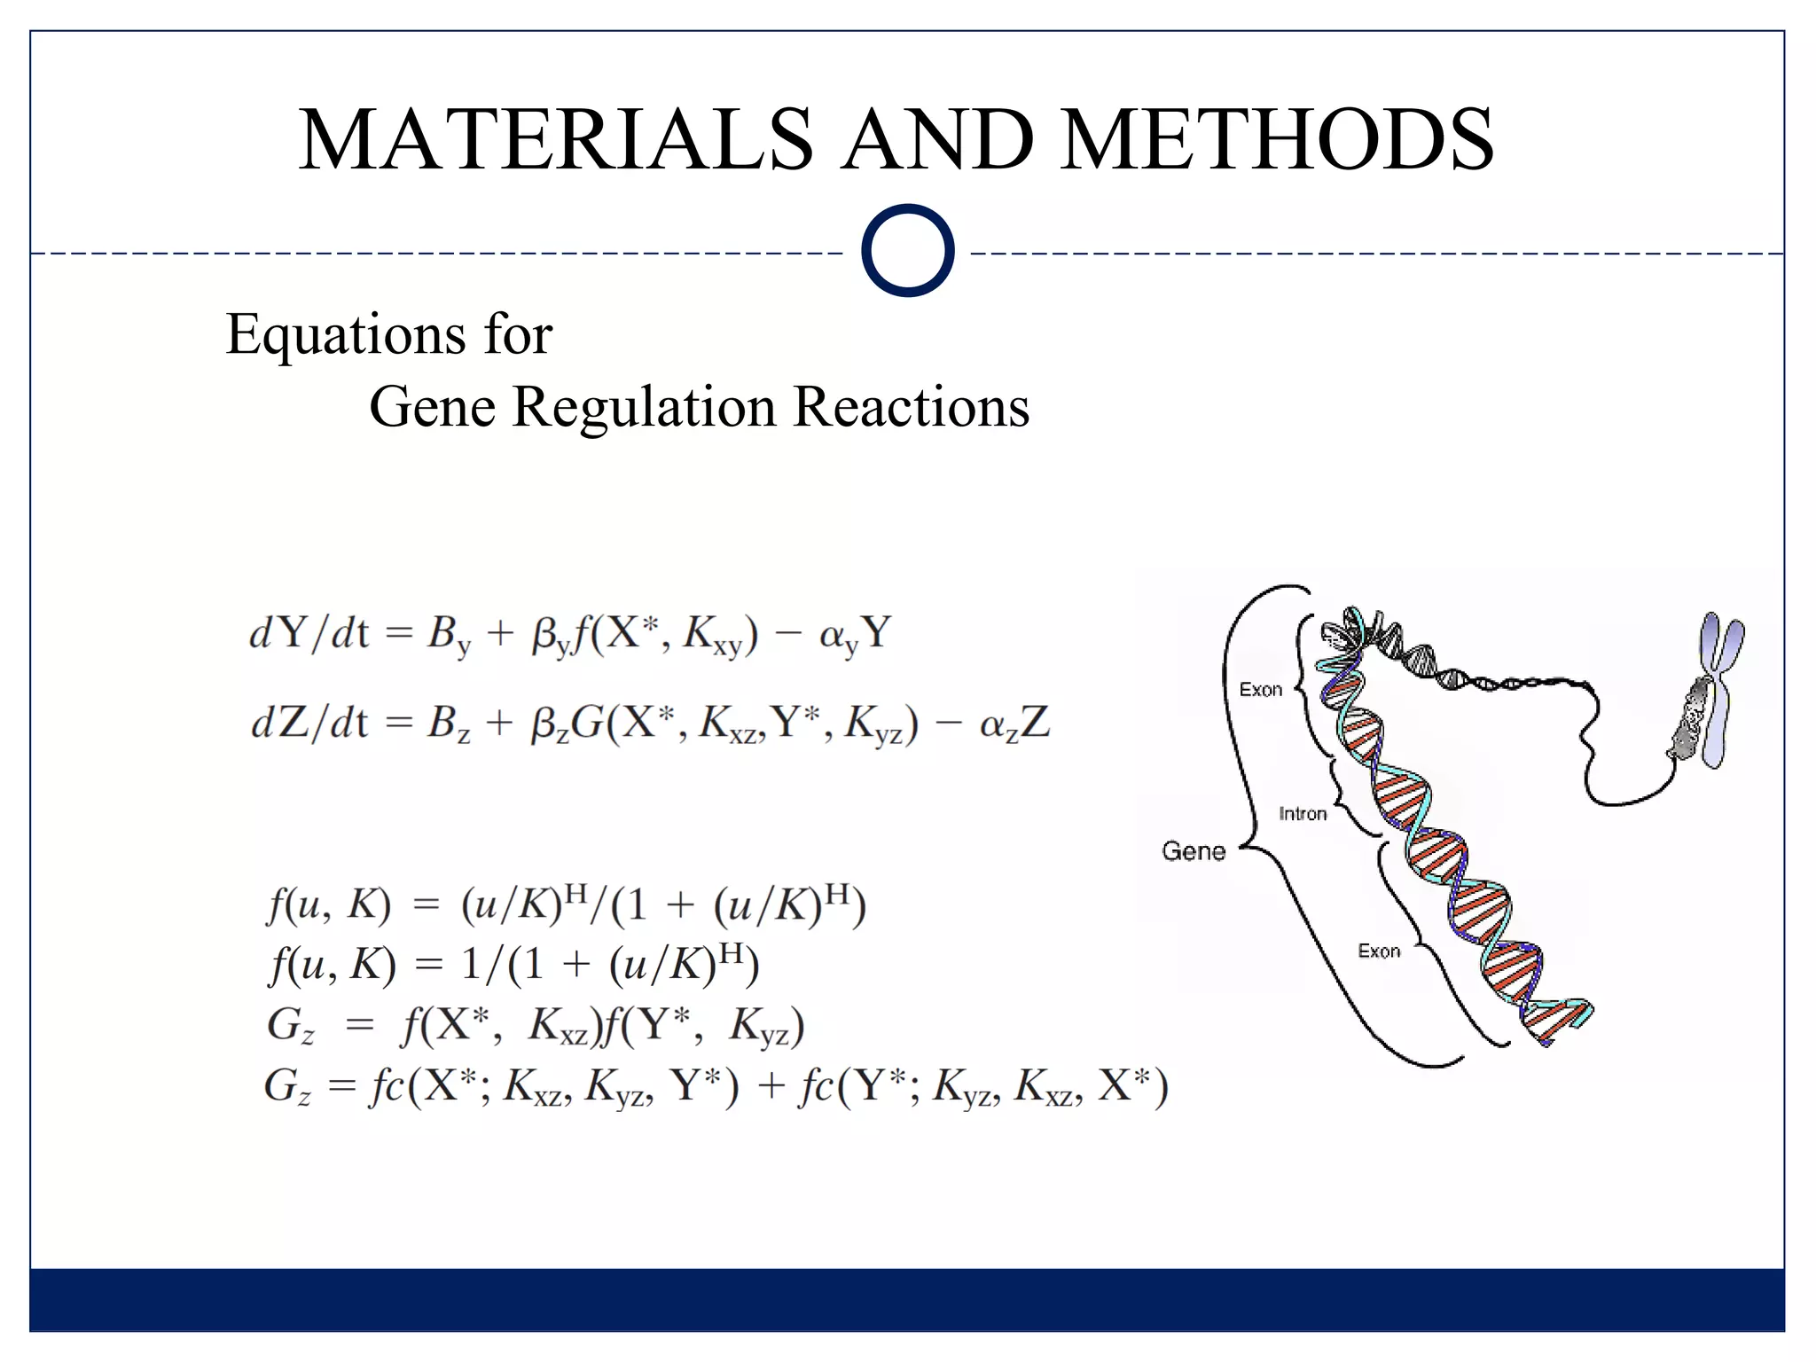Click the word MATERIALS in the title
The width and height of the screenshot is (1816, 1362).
point(556,139)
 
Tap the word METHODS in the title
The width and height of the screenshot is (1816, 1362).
point(1277,139)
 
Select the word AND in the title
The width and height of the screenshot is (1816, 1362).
point(937,139)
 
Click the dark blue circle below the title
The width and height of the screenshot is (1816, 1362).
point(907,250)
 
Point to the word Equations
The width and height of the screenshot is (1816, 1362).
point(345,335)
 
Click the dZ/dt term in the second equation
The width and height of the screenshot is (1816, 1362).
point(309,724)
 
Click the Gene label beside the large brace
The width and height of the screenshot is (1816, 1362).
point(1194,851)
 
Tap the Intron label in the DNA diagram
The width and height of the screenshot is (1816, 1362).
point(1303,814)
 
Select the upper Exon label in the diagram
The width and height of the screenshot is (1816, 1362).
point(1260,690)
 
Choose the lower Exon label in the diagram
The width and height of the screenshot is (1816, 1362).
point(1379,951)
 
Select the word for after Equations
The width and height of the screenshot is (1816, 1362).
point(518,335)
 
